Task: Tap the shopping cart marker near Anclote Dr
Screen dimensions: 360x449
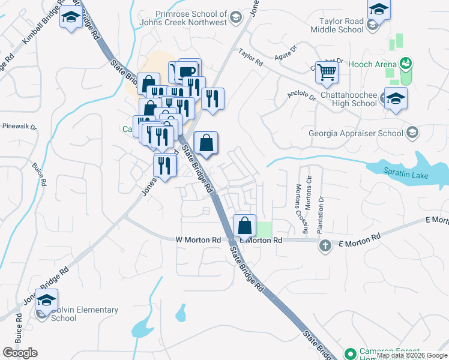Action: [327, 72]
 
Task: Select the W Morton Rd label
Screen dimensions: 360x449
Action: [199, 239]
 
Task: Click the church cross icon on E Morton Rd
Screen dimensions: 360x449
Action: [325, 245]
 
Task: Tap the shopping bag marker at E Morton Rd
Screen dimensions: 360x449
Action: [245, 226]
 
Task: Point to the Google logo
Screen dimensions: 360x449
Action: [20, 353]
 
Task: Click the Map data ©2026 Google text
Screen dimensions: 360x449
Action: [412, 355]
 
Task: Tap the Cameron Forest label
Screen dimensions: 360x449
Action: [384, 352]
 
